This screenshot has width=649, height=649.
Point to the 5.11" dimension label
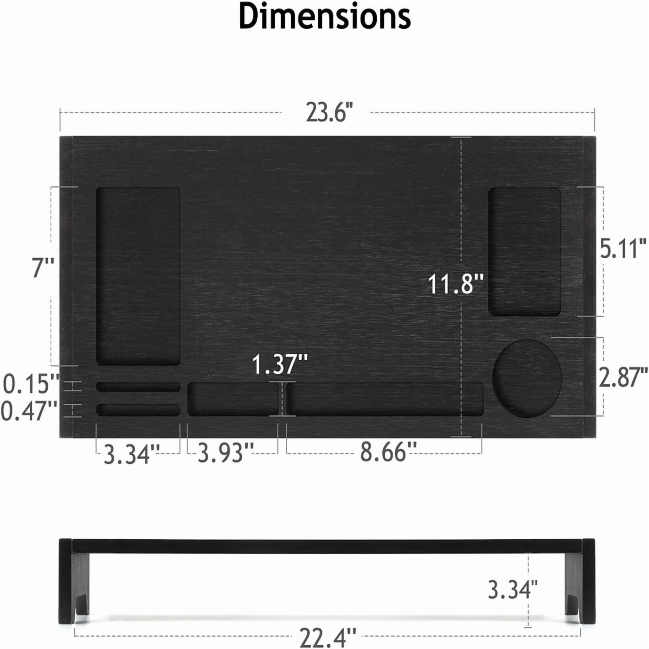[623, 248]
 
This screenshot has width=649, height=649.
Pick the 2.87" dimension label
[623, 378]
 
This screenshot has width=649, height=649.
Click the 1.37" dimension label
[280, 364]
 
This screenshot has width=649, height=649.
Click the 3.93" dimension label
[225, 453]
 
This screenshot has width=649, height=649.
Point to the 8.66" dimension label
[388, 452]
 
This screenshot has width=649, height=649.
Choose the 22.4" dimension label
[328, 637]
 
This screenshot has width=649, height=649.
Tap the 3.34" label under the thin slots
[131, 454]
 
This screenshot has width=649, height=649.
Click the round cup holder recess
[526, 378]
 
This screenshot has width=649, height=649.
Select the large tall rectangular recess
[138, 276]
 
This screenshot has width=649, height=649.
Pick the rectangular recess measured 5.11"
[524, 252]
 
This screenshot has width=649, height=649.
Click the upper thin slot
[138, 387]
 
